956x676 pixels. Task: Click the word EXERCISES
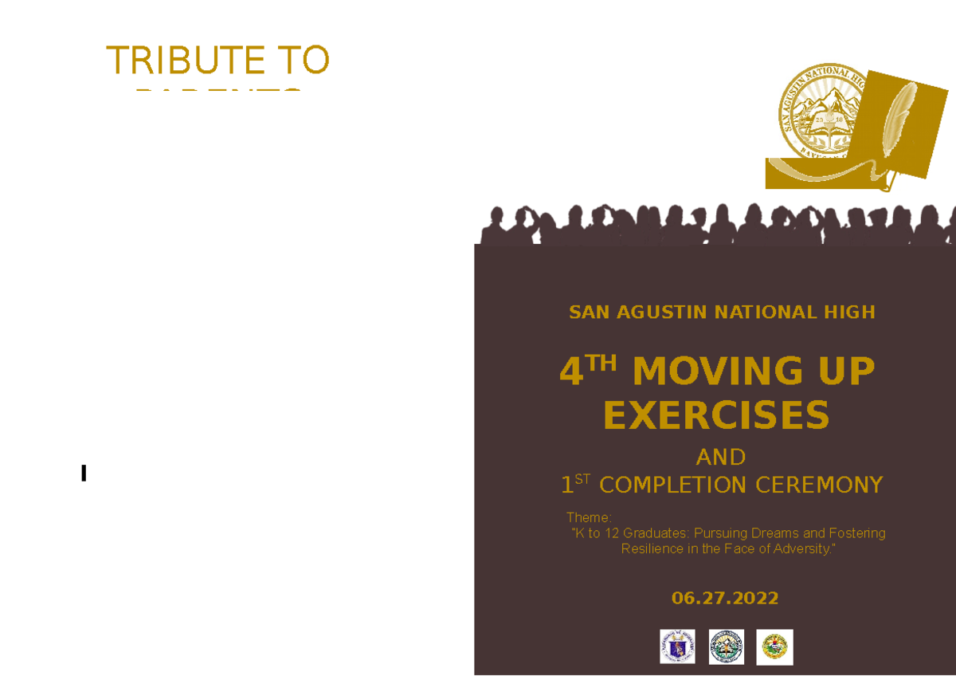click(x=716, y=415)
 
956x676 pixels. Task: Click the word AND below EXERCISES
click(x=720, y=458)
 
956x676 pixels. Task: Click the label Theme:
click(x=588, y=518)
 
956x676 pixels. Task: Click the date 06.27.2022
click(x=725, y=599)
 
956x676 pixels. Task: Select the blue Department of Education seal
click(x=677, y=647)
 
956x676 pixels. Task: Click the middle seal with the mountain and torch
click(x=727, y=647)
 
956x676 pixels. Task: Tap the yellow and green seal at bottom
click(x=775, y=647)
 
